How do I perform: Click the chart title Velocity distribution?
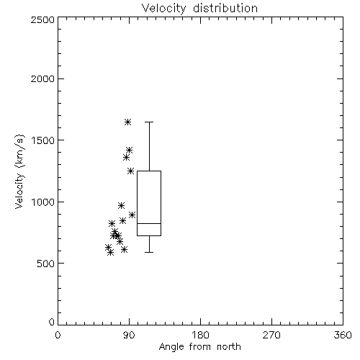[x=199, y=8]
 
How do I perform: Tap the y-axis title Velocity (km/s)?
[x=19, y=171]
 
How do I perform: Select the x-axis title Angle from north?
[x=199, y=346]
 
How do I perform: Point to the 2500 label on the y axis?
[x=42, y=19]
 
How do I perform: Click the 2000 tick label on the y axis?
[x=42, y=78]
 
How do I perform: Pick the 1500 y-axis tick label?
[x=43, y=140]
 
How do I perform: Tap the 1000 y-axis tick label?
[x=43, y=202]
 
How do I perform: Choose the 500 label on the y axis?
[x=46, y=264]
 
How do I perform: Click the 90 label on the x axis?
[x=129, y=335]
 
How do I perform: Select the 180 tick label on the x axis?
[x=200, y=335]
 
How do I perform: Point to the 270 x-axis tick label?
[x=271, y=335]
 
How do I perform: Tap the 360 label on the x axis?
[x=343, y=335]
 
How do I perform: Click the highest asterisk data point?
[x=127, y=122]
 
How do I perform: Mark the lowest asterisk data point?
[x=110, y=252]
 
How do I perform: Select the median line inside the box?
[x=149, y=223]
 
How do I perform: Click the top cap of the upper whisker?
[x=149, y=122]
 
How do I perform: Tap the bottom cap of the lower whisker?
[x=149, y=252]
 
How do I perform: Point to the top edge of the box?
[x=149, y=171]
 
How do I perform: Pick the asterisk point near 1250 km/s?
[x=130, y=171]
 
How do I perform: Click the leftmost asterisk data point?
[x=108, y=247]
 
